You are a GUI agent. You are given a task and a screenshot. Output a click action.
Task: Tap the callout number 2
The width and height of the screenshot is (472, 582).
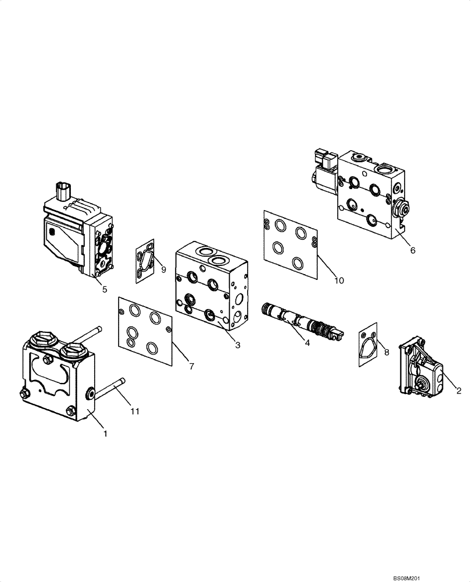pos(459,391)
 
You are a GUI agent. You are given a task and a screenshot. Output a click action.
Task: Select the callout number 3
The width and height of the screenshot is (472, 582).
pos(238,345)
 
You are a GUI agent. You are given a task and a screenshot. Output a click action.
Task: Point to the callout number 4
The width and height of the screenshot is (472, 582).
pos(307,343)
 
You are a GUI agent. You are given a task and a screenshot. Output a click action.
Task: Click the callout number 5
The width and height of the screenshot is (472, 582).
pos(105,289)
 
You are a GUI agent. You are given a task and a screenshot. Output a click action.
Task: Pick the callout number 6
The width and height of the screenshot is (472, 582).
pos(413,250)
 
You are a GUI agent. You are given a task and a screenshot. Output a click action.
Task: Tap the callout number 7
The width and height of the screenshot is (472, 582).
pos(191,366)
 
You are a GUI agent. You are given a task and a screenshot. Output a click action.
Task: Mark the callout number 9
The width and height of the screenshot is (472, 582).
pos(163,269)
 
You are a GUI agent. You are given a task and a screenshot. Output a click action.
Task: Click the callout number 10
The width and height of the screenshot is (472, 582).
pos(339,280)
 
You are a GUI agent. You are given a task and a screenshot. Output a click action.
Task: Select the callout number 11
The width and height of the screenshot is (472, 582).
pos(135,411)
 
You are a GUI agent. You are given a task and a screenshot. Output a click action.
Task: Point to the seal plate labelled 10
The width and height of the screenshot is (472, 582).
pos(290,244)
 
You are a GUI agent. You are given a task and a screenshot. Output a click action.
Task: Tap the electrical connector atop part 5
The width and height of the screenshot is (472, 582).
pos(63,191)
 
